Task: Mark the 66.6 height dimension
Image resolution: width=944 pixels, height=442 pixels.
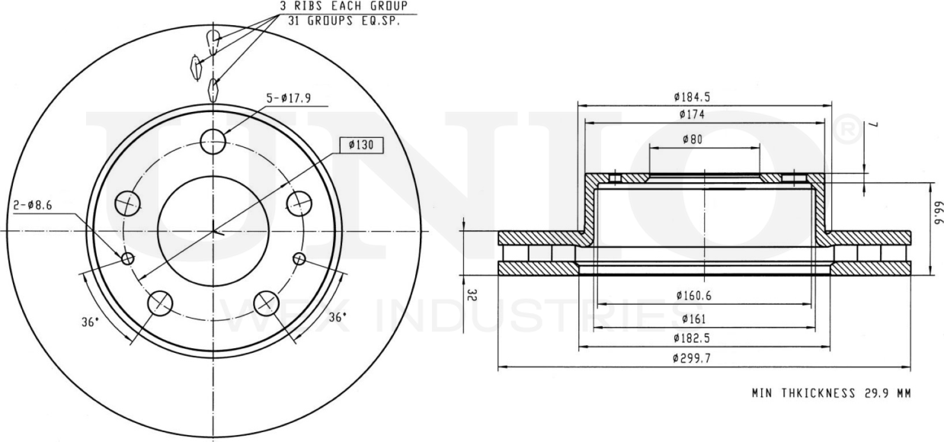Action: click(x=938, y=213)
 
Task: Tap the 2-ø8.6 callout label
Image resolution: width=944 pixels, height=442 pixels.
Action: click(x=33, y=205)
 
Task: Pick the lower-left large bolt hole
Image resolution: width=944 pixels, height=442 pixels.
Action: click(x=160, y=303)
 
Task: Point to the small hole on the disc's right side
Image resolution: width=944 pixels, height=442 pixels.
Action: click(x=299, y=258)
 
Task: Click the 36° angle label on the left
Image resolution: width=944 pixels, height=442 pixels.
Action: click(x=90, y=322)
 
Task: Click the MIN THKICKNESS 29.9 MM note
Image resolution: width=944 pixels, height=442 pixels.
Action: click(x=830, y=394)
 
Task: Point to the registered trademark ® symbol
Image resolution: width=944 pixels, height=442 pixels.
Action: click(x=848, y=131)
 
